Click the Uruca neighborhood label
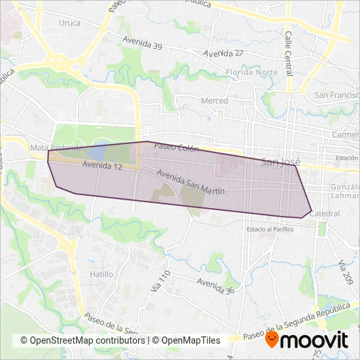pos(69,23)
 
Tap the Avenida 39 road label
pos(142,43)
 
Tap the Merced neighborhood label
pos(215,101)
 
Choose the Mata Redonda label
pos(56,148)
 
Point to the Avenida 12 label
pos(103,167)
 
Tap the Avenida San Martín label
pos(191,183)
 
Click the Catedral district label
pos(325,214)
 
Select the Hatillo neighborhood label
pos(102,274)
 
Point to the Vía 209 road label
pos(344,272)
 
